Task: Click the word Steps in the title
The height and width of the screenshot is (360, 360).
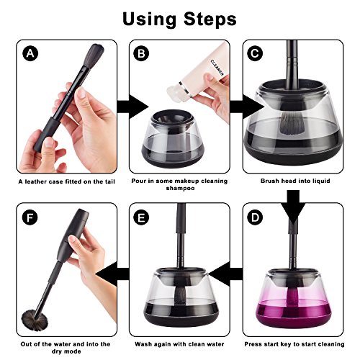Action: tap(210, 19)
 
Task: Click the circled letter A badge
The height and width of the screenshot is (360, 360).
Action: tap(30, 53)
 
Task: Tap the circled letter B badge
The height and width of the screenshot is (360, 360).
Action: tap(141, 53)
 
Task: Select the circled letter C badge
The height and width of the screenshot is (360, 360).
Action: tap(255, 53)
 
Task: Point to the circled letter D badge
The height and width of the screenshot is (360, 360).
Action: tap(255, 217)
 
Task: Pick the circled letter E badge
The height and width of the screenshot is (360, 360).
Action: tap(141, 217)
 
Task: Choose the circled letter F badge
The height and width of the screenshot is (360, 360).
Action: tap(30, 217)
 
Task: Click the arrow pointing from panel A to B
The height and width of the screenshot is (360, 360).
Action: tap(132, 107)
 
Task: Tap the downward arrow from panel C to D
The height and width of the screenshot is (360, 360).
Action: tap(293, 207)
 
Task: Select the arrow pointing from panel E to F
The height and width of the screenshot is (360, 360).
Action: tap(112, 274)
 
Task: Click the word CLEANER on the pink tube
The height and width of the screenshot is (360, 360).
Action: tap(217, 68)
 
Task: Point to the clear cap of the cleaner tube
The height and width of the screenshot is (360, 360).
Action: tap(174, 92)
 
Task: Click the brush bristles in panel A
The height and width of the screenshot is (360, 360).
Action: tap(94, 55)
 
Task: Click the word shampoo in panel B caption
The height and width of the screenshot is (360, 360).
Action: tap(180, 188)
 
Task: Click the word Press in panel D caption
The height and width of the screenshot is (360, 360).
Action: tap(253, 344)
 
